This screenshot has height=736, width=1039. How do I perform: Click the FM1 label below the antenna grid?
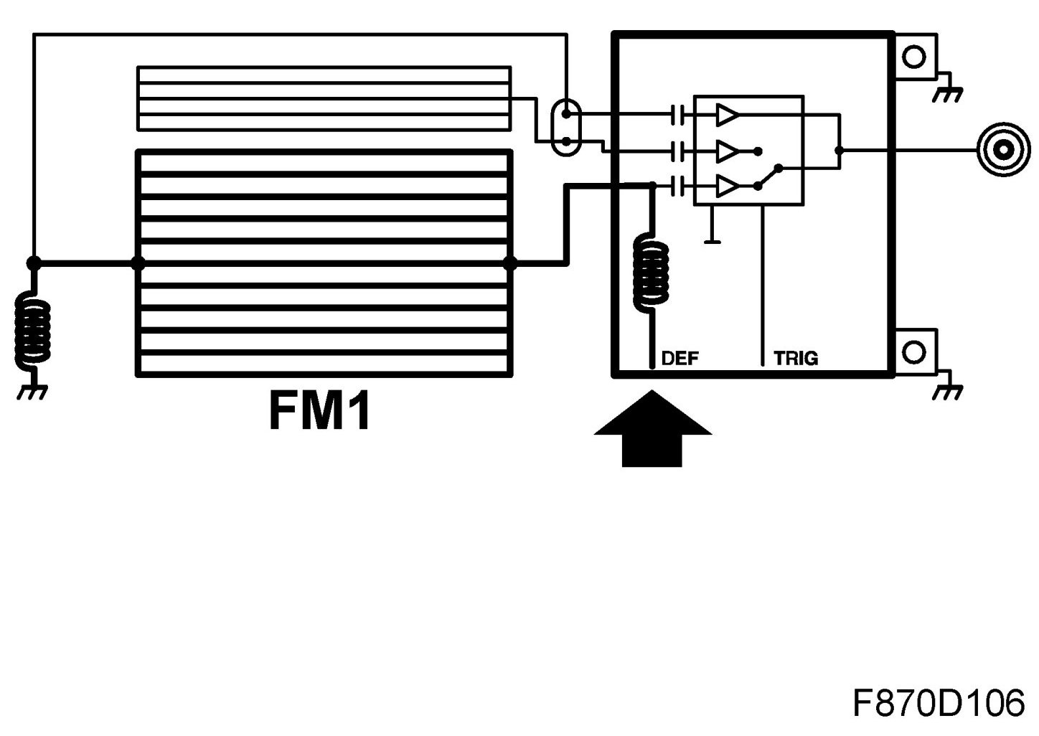[x=320, y=411]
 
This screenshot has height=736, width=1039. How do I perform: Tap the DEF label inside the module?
[x=680, y=358]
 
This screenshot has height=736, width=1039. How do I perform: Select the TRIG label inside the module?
[x=796, y=358]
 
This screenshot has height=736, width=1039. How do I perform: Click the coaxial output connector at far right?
[x=1002, y=151]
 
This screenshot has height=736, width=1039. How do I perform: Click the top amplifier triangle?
[x=726, y=114]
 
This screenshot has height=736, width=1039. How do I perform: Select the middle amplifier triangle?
[x=726, y=151]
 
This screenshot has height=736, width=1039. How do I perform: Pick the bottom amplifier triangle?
[x=726, y=187]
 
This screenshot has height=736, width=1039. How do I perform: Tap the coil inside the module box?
[x=651, y=273]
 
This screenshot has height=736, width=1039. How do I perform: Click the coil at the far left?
[x=33, y=331]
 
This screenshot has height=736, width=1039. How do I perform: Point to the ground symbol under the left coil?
[x=33, y=392]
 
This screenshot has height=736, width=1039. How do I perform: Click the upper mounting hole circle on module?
[x=913, y=56]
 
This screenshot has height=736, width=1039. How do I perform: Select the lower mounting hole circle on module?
[x=913, y=353]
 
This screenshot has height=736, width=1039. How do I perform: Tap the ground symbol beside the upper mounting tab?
[x=948, y=92]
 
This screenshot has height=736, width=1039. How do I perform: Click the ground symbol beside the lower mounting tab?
[x=948, y=390]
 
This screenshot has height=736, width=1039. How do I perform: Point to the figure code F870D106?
[x=938, y=703]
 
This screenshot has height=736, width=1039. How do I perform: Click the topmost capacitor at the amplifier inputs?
[x=677, y=114]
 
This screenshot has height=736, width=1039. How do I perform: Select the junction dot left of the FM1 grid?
[x=138, y=263]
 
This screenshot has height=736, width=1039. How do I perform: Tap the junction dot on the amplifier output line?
[x=839, y=151]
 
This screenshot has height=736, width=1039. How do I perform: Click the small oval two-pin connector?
[x=566, y=128]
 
